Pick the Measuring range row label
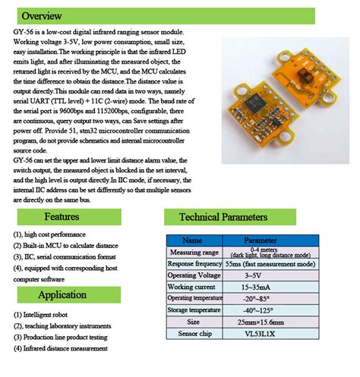[194, 252]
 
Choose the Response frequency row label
[194, 263]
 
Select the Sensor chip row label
[194, 333]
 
